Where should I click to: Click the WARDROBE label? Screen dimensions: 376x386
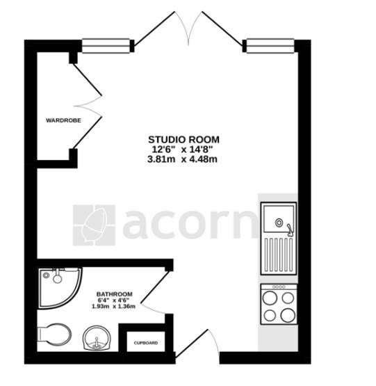coord(63,120)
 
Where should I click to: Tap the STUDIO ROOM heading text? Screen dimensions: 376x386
coord(183,140)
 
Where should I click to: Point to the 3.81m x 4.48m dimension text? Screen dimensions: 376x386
coord(182,159)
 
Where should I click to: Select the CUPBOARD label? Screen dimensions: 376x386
coord(146,343)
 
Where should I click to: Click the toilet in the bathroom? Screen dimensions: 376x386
coord(55,335)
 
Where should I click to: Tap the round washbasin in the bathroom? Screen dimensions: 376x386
coord(97,338)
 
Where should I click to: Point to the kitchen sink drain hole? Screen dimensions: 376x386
coord(279,223)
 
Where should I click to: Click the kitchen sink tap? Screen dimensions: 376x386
coord(290,230)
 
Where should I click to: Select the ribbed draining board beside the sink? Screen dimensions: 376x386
coord(279,254)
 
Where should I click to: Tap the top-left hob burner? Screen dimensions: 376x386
coord(270,298)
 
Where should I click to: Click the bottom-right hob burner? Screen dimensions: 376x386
coord(288,315)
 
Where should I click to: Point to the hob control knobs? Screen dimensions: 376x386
coord(279,287)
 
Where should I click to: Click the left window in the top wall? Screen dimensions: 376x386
coord(106,46)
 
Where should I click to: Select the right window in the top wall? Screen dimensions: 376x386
coord(270,46)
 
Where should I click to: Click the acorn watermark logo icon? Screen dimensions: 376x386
coord(94,225)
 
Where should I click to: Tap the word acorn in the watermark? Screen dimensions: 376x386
coord(189,225)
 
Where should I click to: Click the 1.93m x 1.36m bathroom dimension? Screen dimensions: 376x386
coord(113,307)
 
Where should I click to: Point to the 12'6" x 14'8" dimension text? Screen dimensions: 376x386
coord(182,150)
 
